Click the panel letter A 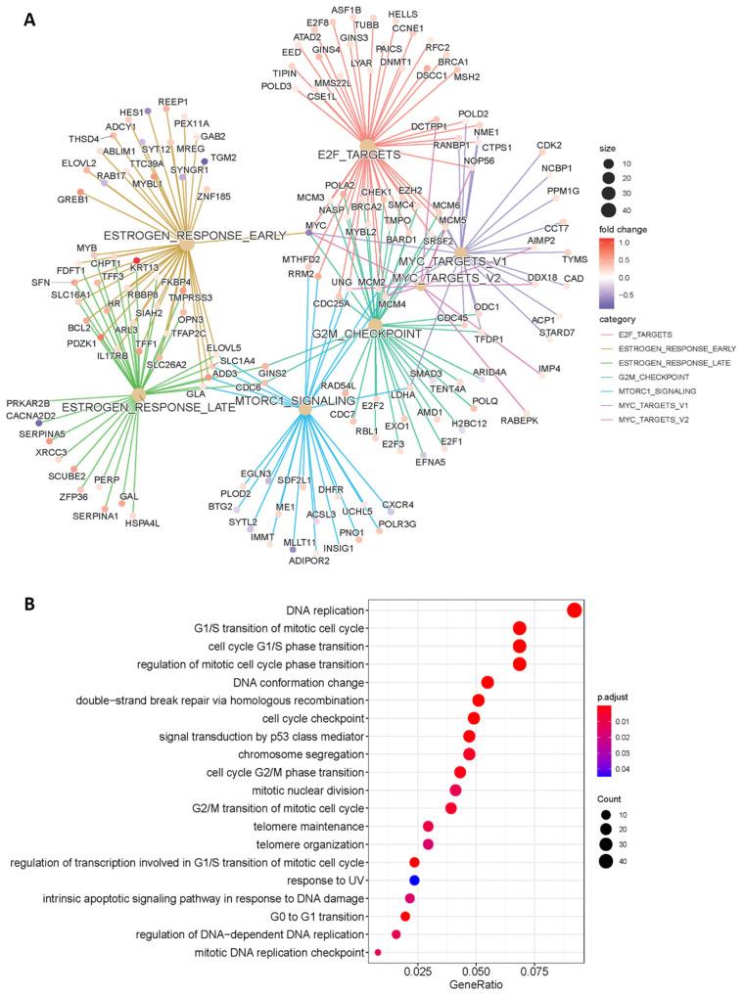click(30, 18)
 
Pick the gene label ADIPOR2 click(306, 563)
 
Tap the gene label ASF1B click(346, 10)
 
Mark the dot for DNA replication click(575, 611)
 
